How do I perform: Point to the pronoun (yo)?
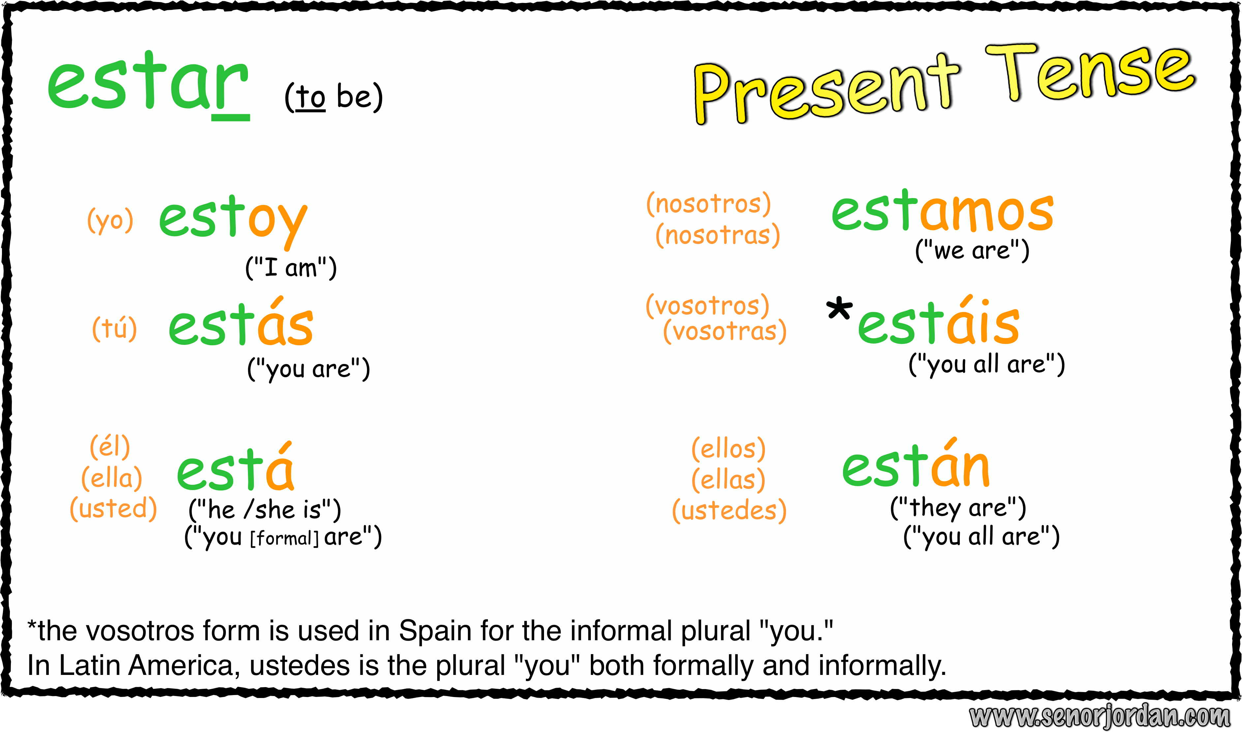[110, 220]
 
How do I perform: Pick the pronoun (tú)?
[114, 328]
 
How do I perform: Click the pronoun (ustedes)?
[729, 510]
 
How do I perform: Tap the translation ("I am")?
[291, 268]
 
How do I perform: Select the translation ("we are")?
[972, 250]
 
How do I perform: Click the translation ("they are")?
[958, 508]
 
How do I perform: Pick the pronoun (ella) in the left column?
[112, 478]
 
